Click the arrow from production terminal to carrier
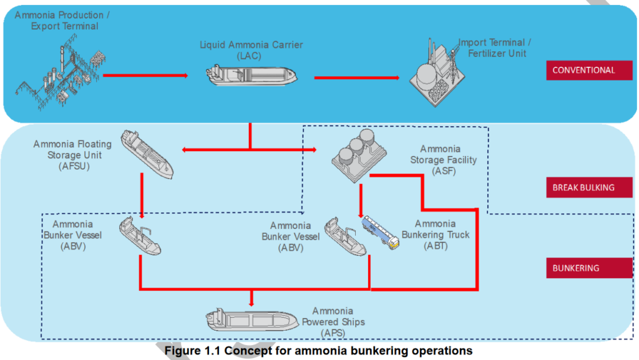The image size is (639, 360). coord(145,75)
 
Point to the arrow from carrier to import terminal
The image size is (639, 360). coord(356,78)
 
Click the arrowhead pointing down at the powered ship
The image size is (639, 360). coord(251,302)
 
